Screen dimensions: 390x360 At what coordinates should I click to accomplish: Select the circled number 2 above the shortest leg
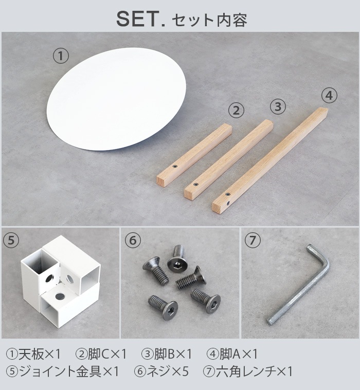tap(236, 109)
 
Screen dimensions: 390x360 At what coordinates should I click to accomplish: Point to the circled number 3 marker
tap(278, 106)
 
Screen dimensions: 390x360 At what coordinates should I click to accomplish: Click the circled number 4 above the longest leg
tap(329, 96)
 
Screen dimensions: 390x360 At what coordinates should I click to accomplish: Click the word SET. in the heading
tap(139, 19)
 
